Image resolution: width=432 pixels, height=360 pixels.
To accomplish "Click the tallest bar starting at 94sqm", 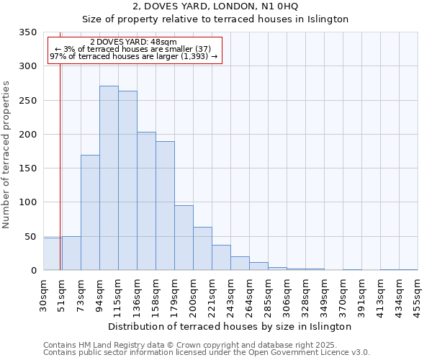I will [x=109, y=178].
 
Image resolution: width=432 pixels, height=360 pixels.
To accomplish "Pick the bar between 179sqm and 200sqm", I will [x=184, y=238].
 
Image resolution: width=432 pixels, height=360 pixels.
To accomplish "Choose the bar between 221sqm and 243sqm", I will [x=221, y=257].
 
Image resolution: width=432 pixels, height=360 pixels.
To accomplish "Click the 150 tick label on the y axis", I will [x=28, y=168].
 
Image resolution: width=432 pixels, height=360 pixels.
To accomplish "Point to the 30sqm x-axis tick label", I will [x=44, y=294].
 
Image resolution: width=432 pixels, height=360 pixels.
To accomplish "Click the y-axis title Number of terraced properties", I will [x=7, y=155].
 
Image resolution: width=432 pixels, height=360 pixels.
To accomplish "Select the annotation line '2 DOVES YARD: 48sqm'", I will [x=133, y=42].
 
